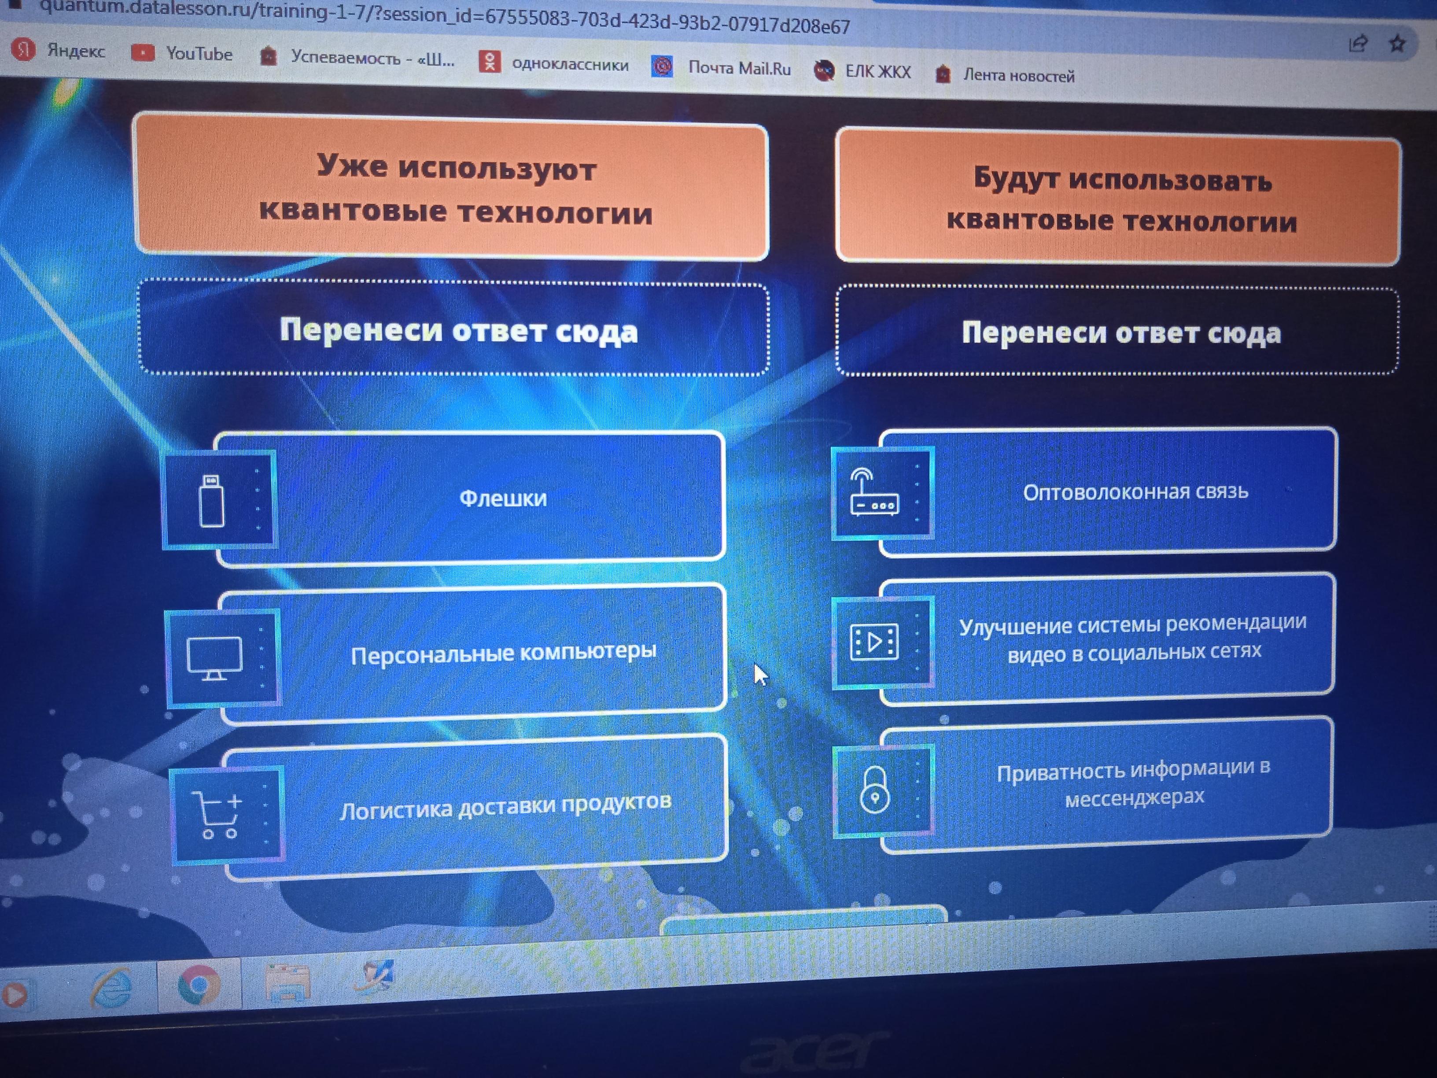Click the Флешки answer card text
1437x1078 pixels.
point(503,498)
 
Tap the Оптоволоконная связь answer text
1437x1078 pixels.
point(1135,492)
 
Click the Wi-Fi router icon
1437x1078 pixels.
point(874,494)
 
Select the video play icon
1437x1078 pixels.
point(874,642)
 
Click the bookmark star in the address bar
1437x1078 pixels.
point(1397,44)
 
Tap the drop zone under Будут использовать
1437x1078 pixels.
point(1117,332)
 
